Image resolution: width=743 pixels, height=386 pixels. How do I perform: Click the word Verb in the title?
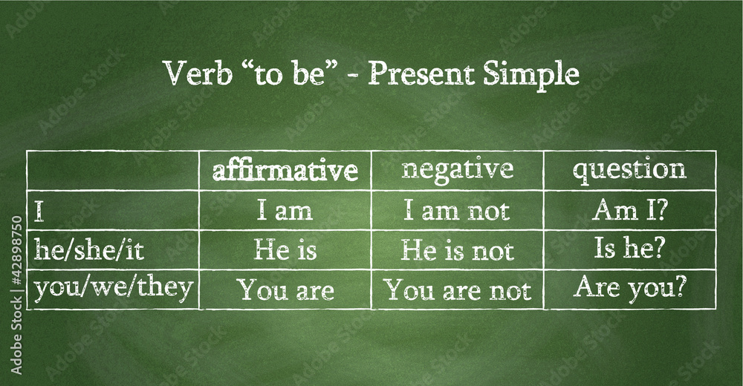click(x=198, y=73)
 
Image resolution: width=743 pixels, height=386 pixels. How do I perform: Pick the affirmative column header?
click(x=285, y=171)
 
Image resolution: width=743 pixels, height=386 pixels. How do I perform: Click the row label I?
click(x=39, y=212)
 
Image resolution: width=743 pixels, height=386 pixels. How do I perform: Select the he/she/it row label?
click(x=88, y=249)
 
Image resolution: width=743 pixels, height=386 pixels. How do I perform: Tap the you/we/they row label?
click(x=114, y=289)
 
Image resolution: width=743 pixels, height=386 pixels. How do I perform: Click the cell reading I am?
click(x=285, y=211)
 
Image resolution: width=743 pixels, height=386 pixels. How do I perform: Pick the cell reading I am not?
click(x=457, y=211)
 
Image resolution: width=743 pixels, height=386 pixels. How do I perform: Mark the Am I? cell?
click(x=630, y=210)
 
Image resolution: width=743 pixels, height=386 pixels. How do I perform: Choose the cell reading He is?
click(x=285, y=249)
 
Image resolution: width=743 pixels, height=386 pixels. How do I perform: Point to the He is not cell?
click(x=458, y=249)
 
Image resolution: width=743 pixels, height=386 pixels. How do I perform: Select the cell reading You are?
click(x=286, y=289)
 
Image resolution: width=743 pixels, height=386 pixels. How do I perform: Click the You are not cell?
click(x=457, y=289)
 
